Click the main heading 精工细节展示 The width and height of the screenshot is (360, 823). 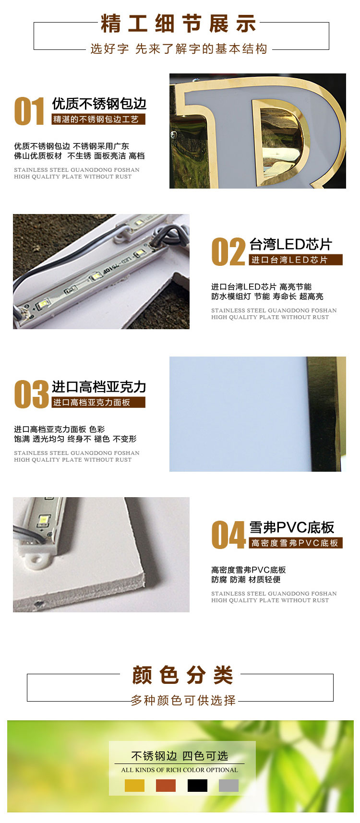pyautogui.click(x=179, y=24)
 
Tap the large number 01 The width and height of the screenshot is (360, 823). pyautogui.click(x=30, y=111)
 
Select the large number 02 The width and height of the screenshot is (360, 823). pyautogui.click(x=228, y=252)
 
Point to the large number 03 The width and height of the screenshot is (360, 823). pyautogui.click(x=31, y=394)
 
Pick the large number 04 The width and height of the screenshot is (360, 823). pyautogui.click(x=228, y=535)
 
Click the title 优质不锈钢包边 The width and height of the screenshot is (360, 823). pyautogui.click(x=99, y=104)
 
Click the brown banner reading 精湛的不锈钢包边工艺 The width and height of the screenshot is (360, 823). pyautogui.click(x=98, y=119)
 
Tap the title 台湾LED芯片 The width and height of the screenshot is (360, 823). pyautogui.click(x=291, y=244)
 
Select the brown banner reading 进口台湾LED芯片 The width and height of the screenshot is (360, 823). pyautogui.click(x=296, y=260)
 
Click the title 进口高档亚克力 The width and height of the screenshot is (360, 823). pyautogui.click(x=99, y=387)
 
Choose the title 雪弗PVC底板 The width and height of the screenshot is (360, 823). pyautogui.click(x=292, y=527)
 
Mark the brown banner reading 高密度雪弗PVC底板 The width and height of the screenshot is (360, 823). pyautogui.click(x=296, y=543)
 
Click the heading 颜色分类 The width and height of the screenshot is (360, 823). pyautogui.click(x=182, y=675)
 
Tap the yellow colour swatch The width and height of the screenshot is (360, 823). pyautogui.click(x=134, y=785)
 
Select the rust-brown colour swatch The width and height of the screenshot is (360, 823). pyautogui.click(x=166, y=785)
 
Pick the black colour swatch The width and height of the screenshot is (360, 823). pyautogui.click(x=197, y=785)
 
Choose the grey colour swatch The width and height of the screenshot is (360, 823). pyautogui.click(x=228, y=785)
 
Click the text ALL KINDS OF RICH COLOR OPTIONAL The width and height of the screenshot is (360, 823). pyautogui.click(x=180, y=770)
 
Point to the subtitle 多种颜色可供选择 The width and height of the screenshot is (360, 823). pyautogui.click(x=183, y=700)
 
